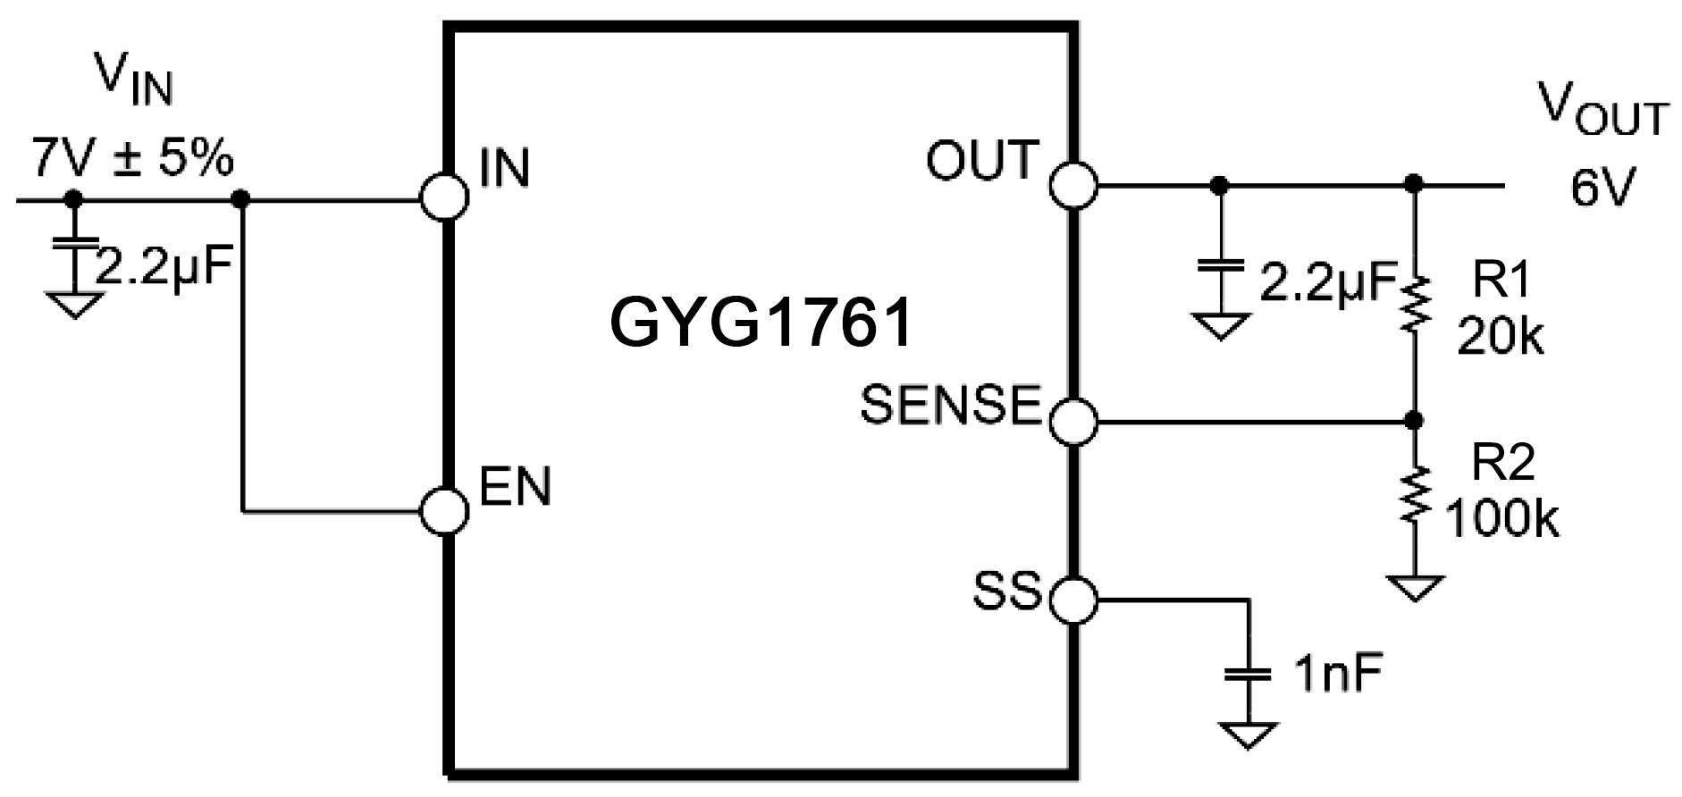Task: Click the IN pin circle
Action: click(x=444, y=197)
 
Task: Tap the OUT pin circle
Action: click(x=1072, y=185)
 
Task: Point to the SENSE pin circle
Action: click(x=1072, y=420)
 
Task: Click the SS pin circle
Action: click(x=1072, y=598)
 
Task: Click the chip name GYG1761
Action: click(x=761, y=323)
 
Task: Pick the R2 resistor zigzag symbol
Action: click(x=1414, y=494)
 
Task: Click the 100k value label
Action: click(x=1501, y=518)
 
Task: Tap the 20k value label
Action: click(x=1500, y=338)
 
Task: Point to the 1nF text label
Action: click(x=1337, y=675)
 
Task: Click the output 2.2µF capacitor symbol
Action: click(x=1221, y=267)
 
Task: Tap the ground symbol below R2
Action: click(x=1414, y=587)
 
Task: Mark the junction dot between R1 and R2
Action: click(x=1414, y=420)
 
